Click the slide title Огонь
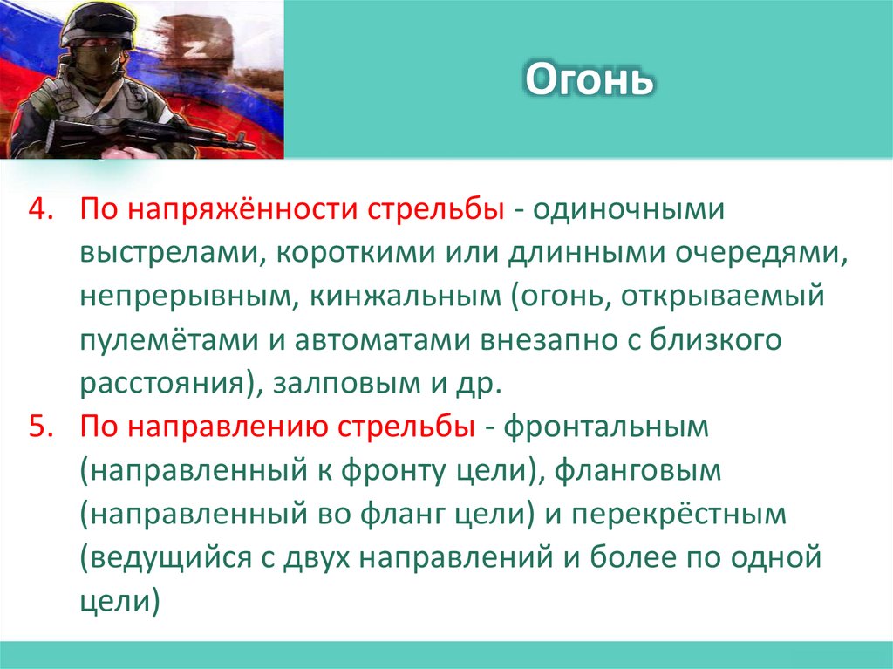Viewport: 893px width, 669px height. (589, 81)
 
